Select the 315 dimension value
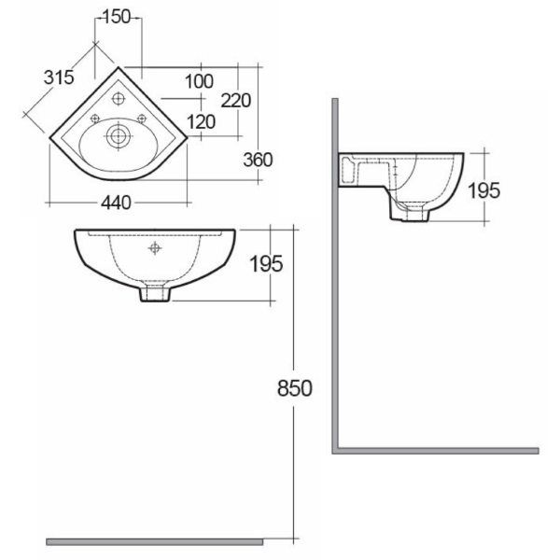(58, 78)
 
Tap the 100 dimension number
(199, 81)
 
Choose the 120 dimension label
(201, 121)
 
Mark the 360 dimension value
(258, 160)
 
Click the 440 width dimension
(113, 203)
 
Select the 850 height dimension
(293, 387)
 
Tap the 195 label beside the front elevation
(266, 264)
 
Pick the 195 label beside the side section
(483, 189)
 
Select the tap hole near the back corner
(119, 99)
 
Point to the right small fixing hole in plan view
(142, 118)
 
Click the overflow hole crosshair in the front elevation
(155, 248)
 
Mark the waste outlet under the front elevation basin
(155, 293)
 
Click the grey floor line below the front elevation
(154, 541)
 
